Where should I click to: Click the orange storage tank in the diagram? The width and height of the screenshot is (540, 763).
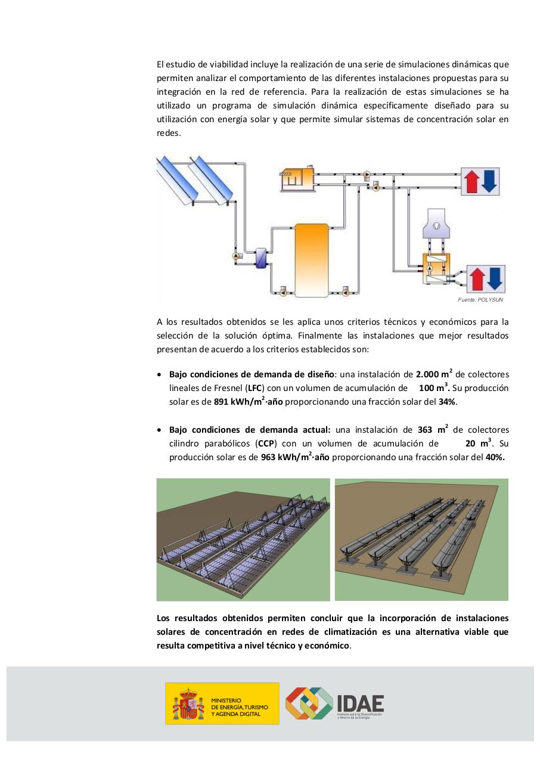312,259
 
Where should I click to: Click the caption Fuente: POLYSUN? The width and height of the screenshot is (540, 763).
480,300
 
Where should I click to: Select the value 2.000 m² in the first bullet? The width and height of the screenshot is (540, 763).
428,374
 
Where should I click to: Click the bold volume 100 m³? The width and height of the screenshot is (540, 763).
433,388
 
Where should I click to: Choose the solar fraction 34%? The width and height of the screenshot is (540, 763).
447,402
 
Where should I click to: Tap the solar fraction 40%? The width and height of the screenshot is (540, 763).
495,457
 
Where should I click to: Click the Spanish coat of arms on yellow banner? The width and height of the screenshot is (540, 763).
188,704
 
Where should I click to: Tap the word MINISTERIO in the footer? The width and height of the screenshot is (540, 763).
226,700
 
